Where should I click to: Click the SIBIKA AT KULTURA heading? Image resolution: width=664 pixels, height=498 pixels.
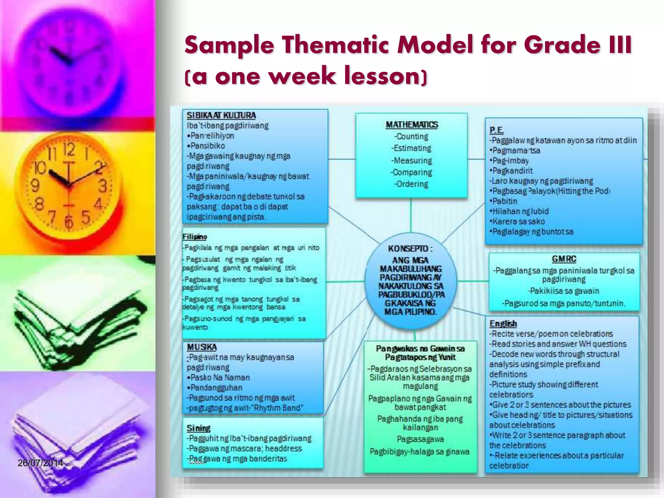[221, 115]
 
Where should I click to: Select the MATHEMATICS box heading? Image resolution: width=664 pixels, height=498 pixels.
[412, 125]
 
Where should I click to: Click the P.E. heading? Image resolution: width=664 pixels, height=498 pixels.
[496, 130]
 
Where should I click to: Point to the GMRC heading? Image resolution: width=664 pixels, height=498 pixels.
[564, 259]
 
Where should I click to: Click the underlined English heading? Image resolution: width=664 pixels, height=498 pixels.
[503, 324]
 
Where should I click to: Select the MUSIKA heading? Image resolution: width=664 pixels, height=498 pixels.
[202, 347]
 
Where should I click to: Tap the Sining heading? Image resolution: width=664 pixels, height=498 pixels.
[198, 428]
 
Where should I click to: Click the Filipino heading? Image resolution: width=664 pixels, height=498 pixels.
[195, 237]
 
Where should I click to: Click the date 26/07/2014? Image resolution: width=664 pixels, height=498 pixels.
[40, 463]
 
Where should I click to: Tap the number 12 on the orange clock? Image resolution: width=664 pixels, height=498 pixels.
[69, 150]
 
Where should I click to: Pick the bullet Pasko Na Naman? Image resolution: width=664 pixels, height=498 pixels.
[220, 377]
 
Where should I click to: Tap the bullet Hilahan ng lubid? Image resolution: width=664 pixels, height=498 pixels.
[520, 211]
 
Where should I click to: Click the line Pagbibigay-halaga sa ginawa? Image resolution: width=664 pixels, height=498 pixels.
[420, 452]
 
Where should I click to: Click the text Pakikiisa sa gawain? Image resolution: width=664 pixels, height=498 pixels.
[564, 291]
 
